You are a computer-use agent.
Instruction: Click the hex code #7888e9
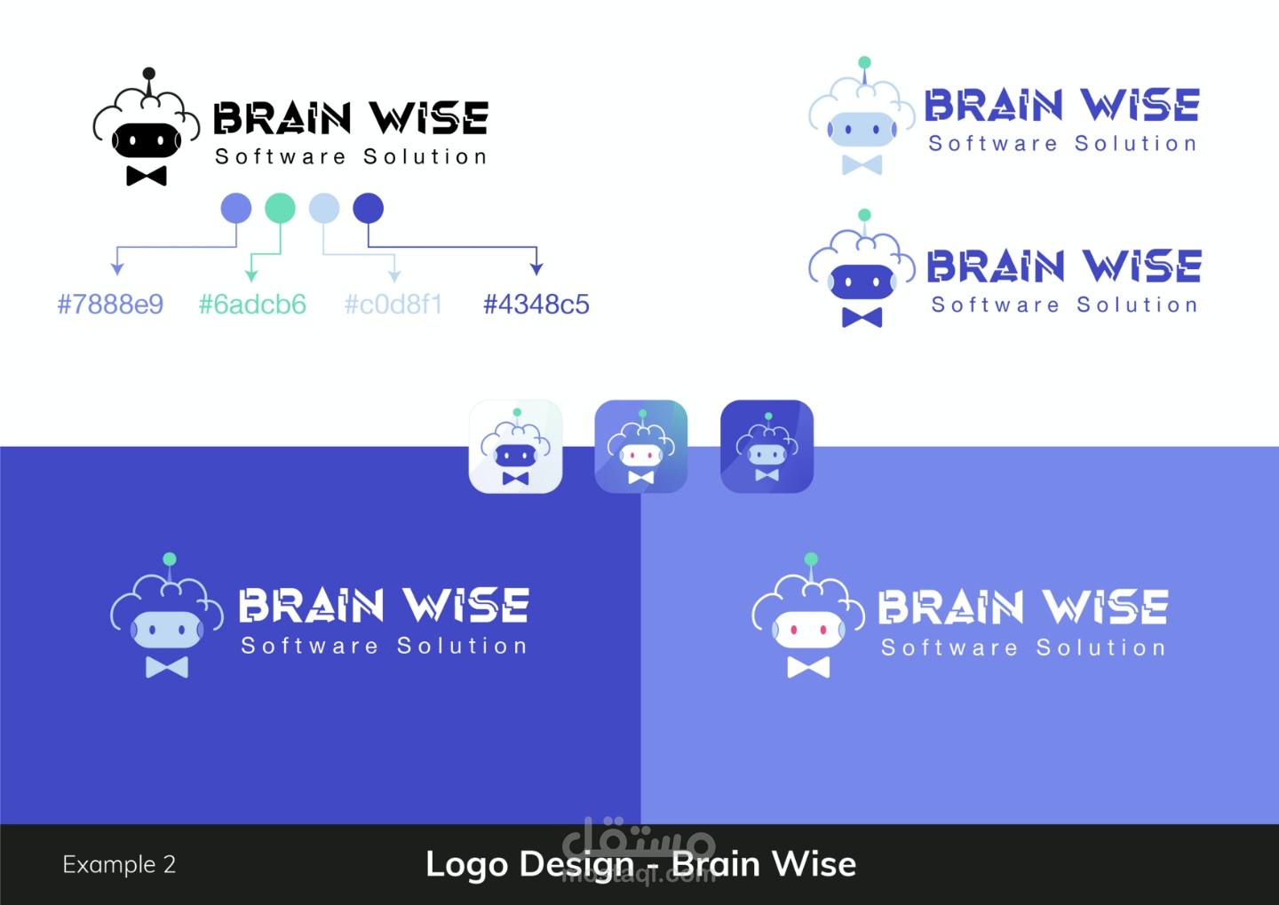110,305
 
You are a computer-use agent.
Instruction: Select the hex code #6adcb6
252,305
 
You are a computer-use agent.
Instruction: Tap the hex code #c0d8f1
393,305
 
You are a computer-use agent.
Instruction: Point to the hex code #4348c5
536,305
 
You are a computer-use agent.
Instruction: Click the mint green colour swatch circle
280,209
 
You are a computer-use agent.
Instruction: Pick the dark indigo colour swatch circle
368,209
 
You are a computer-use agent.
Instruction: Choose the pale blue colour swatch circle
324,209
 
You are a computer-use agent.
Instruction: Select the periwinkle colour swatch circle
235,209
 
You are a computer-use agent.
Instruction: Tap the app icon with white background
515,446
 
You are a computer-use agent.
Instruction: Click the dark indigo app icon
767,446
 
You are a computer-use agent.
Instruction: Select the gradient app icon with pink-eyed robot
640,446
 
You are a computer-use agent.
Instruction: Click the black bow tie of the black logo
147,175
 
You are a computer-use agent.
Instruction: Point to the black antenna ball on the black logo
149,74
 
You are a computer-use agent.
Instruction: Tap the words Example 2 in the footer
119,864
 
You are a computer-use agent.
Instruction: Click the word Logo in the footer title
466,864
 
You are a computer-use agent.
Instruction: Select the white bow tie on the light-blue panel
808,667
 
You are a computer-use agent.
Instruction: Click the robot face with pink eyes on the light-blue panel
808,630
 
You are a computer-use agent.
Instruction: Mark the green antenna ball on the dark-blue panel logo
170,559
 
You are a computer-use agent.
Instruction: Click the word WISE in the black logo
429,118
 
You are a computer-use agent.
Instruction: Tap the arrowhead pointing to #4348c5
536,268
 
